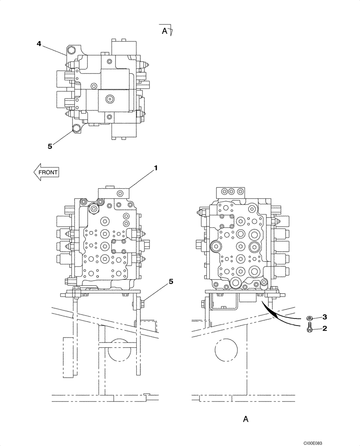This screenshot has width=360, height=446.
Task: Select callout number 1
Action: [x=156, y=168]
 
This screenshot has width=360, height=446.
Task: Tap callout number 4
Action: [x=39, y=43]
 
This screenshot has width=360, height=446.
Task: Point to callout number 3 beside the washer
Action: [x=325, y=317]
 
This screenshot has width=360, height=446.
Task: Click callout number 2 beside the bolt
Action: [x=325, y=329]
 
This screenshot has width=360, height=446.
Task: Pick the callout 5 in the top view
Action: [x=50, y=145]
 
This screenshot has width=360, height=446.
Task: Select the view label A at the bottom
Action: [x=245, y=419]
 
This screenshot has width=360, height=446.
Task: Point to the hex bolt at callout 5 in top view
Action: [x=76, y=130]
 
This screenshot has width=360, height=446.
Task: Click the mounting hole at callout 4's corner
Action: [x=71, y=50]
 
